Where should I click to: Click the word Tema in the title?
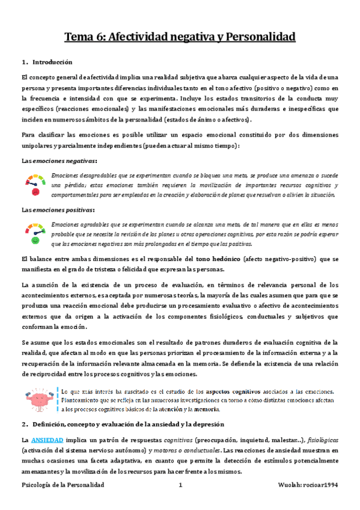(x=81, y=37)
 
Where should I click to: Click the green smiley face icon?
(x=35, y=240)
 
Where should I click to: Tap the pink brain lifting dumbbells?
(x=38, y=384)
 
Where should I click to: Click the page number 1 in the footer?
(x=180, y=485)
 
